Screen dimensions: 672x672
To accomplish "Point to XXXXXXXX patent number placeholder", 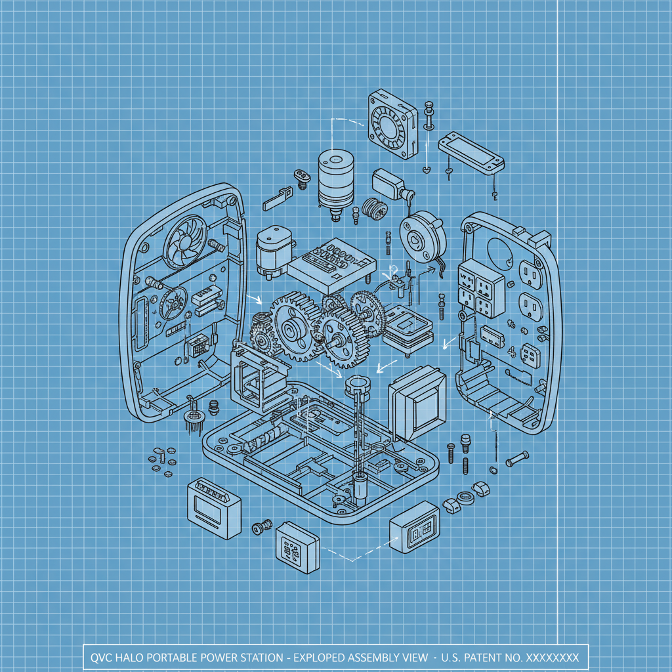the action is coord(552,658).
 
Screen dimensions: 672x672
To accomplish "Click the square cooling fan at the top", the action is coord(392,124).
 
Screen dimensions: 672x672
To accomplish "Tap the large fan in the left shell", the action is coord(185,241).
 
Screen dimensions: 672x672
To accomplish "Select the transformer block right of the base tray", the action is coord(417,403).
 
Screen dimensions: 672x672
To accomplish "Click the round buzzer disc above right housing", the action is coord(423,238).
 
